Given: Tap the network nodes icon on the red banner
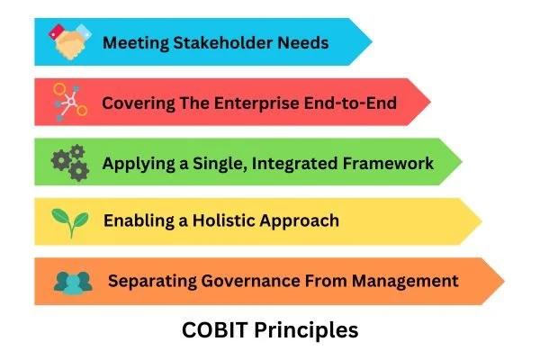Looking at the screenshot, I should click(69, 103).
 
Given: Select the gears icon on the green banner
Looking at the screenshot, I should click(70, 163).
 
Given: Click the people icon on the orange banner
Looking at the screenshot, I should click(72, 281).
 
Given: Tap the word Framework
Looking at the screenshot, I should click(388, 163).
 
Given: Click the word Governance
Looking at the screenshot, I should click(242, 281).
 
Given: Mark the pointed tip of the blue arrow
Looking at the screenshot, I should click(371, 41).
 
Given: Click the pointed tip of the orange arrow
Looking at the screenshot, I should click(503, 280).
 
